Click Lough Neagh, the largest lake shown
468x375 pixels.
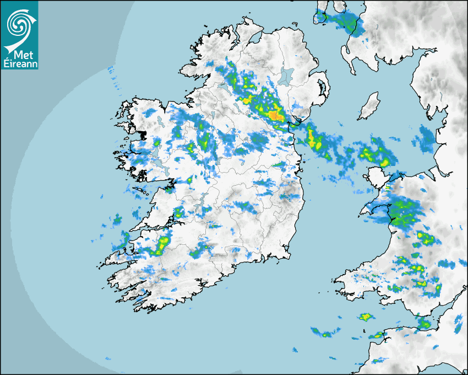[286, 76]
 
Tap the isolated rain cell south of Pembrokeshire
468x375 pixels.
[365, 317]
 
